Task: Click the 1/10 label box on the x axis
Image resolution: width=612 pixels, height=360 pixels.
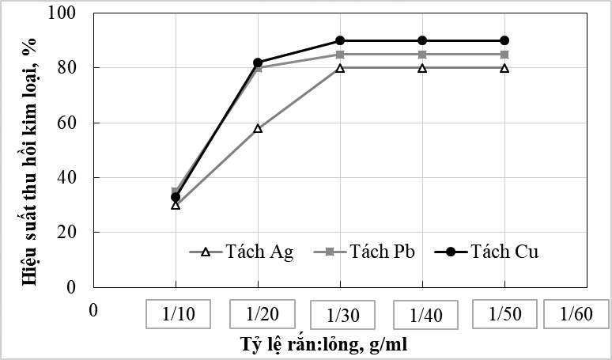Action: pyautogui.click(x=179, y=314)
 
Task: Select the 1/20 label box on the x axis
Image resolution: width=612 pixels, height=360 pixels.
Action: pyautogui.click(x=262, y=314)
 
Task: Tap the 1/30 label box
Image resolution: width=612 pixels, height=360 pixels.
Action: pyautogui.click(x=343, y=315)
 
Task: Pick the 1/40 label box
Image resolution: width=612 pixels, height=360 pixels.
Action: pyautogui.click(x=425, y=315)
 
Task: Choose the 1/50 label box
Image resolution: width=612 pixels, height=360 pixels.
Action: pyautogui.click(x=505, y=314)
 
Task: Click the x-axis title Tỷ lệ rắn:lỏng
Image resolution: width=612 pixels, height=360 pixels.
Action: pyautogui.click(x=324, y=345)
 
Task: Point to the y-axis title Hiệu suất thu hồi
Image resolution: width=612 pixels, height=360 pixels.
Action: pyautogui.click(x=32, y=150)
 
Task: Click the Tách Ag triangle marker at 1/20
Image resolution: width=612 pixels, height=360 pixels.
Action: pyautogui.click(x=258, y=128)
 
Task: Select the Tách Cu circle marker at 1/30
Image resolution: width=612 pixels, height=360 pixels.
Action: pyautogui.click(x=340, y=40)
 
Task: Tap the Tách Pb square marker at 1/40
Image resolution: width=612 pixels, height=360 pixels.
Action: pyautogui.click(x=422, y=55)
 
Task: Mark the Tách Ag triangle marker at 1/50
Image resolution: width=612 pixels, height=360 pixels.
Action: pyautogui.click(x=504, y=68)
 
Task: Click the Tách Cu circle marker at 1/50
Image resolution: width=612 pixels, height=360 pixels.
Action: pyautogui.click(x=504, y=40)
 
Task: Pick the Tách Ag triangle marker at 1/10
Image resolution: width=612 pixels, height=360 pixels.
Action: pyautogui.click(x=176, y=205)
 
